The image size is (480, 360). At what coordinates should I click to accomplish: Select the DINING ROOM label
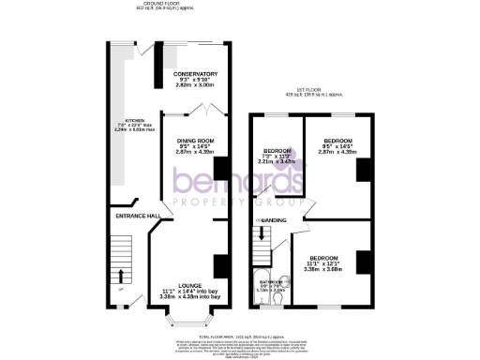click(196, 141)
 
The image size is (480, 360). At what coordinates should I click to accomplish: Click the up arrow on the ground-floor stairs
click(121, 276)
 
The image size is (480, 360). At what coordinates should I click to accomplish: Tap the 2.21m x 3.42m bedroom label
click(277, 161)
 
